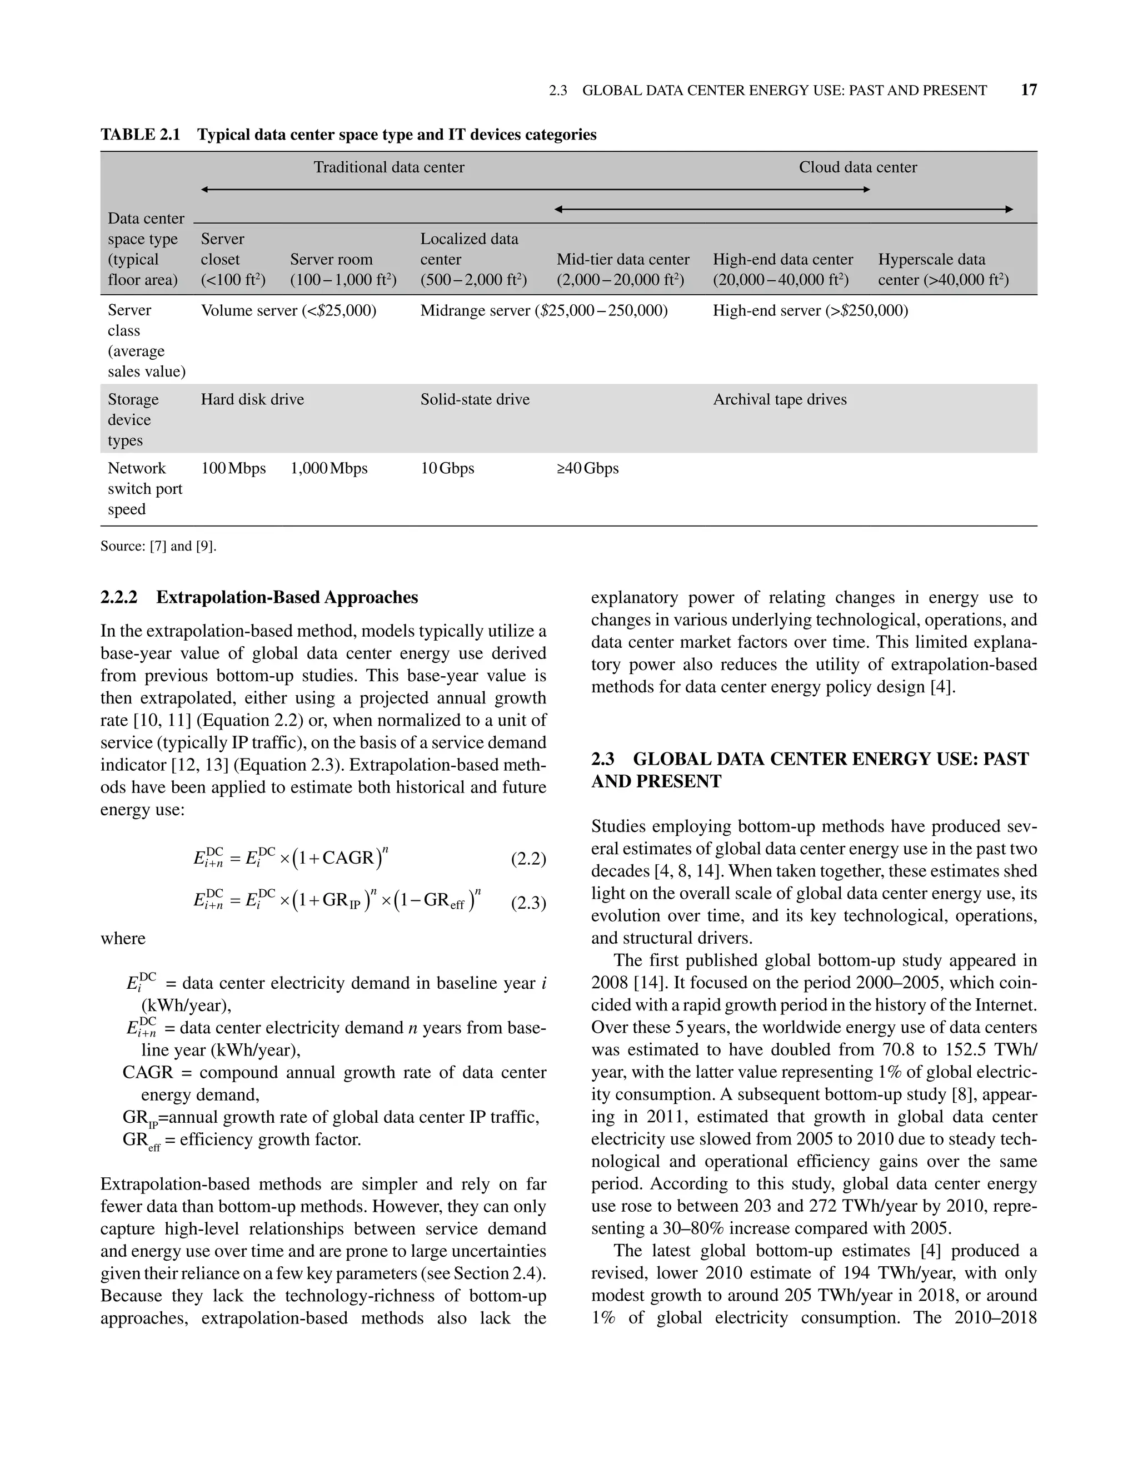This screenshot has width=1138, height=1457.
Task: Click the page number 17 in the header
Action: pos(1028,90)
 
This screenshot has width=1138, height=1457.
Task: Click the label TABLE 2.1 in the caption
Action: pos(140,135)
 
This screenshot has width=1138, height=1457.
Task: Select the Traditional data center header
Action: pos(388,167)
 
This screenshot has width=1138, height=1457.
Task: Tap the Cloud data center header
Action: pos(857,167)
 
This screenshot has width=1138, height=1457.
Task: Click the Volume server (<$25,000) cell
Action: pos(288,310)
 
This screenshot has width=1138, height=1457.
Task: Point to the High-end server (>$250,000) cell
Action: pos(810,310)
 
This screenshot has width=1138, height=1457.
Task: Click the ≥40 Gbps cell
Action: pos(587,468)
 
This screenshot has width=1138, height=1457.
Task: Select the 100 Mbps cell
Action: pos(233,468)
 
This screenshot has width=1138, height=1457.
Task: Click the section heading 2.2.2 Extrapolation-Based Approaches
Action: pos(259,597)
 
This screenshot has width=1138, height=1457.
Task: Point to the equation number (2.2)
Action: pos(528,859)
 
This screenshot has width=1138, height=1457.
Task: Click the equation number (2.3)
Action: pos(528,903)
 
